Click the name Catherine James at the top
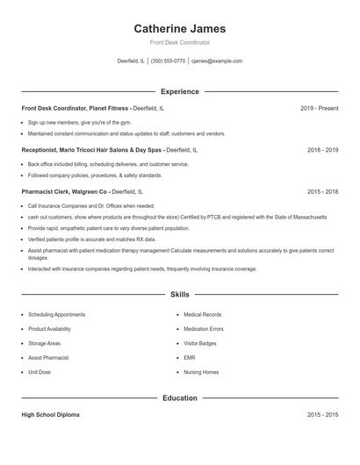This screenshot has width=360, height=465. (180, 29)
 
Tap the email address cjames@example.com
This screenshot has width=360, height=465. (217, 61)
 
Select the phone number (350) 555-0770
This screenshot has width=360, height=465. (168, 61)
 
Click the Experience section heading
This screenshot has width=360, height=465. (180, 91)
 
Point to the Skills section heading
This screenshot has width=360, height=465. (180, 296)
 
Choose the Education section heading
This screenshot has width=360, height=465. (180, 398)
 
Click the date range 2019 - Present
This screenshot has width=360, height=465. (319, 108)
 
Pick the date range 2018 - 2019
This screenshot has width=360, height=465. (322, 150)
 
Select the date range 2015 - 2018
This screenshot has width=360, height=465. (322, 191)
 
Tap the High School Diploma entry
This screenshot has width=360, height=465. (50, 414)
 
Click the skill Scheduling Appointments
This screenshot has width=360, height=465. (57, 314)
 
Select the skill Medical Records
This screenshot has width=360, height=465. (202, 314)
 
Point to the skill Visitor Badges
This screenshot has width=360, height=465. (200, 343)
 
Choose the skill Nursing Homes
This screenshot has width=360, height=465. (201, 372)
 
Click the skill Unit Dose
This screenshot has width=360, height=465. (40, 372)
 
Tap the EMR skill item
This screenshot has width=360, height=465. (190, 358)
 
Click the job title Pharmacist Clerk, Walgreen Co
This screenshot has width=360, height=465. (64, 191)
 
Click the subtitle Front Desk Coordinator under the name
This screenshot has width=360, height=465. (180, 42)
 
